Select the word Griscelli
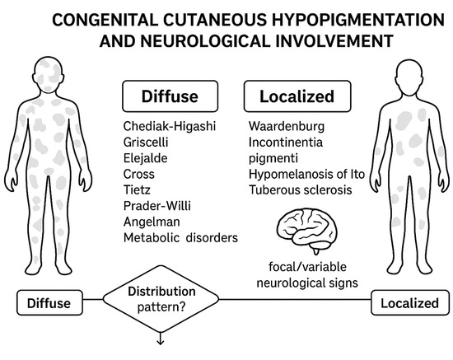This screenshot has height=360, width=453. pos(147,143)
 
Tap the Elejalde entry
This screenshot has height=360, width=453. pos(147,159)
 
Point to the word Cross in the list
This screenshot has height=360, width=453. pos(138,175)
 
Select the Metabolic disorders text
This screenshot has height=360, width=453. pos(180,237)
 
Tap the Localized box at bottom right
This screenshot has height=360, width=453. pos(409,302)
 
